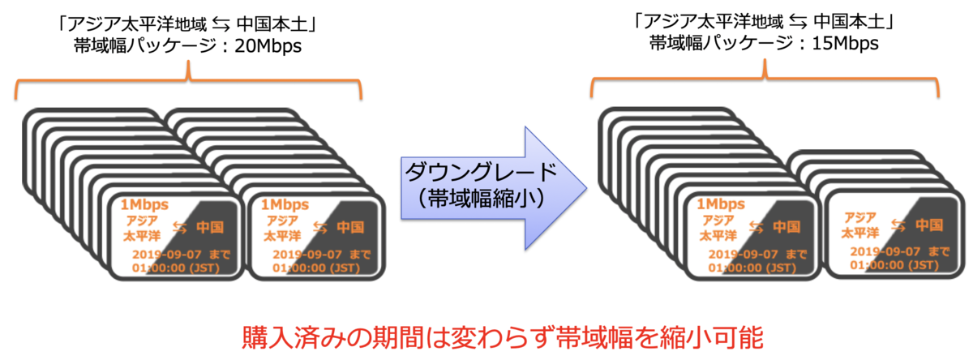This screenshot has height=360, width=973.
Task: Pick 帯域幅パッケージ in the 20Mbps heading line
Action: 139,46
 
